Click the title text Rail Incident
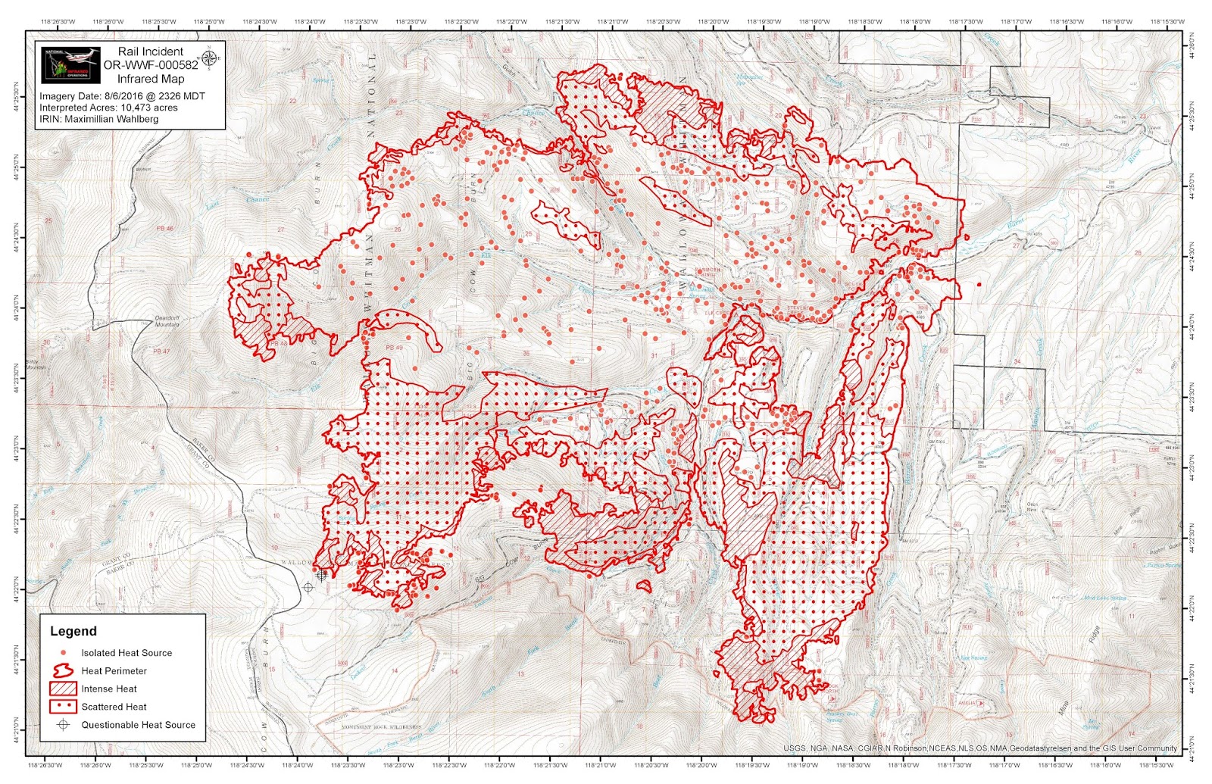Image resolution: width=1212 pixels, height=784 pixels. pyautogui.click(x=150, y=52)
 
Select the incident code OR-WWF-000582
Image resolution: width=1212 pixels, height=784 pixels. pyautogui.click(x=150, y=65)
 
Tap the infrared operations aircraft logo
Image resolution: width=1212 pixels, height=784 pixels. pyautogui.click(x=70, y=66)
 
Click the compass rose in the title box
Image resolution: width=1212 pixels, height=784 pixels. pyautogui.click(x=208, y=57)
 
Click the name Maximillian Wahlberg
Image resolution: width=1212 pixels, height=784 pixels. pyautogui.click(x=111, y=119)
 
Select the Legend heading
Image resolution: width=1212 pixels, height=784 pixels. pyautogui.click(x=73, y=631)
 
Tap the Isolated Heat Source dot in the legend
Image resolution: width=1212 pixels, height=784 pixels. pyautogui.click(x=64, y=652)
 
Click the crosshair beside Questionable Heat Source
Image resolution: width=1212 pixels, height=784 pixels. pyautogui.click(x=64, y=725)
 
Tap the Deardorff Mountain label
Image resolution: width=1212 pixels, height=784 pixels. pyautogui.click(x=167, y=321)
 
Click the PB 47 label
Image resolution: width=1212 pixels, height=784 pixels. pyautogui.click(x=161, y=351)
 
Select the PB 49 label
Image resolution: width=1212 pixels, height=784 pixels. pyautogui.click(x=394, y=348)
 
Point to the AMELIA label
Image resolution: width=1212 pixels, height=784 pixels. pyautogui.click(x=967, y=704)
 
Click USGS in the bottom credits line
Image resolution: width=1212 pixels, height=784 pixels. pyautogui.click(x=794, y=748)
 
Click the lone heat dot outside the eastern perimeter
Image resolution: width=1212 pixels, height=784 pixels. pyautogui.click(x=979, y=285)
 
